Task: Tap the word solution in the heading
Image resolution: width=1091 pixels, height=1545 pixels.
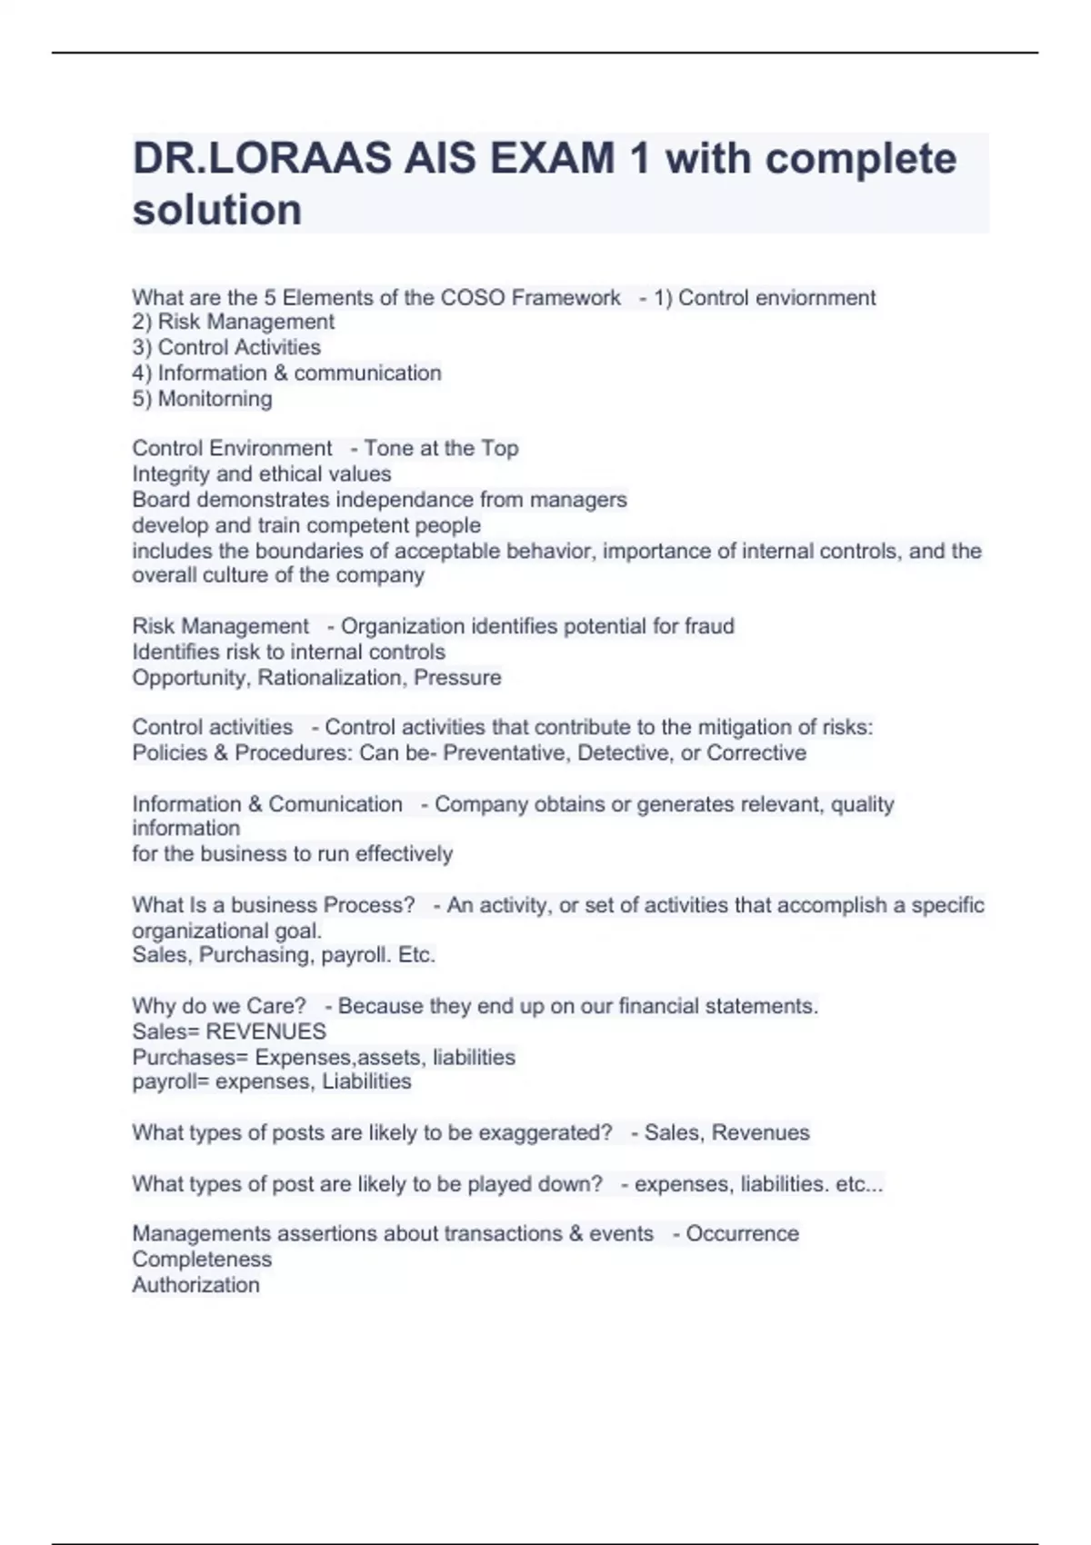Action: (x=217, y=210)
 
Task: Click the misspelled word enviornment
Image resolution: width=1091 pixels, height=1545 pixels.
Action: (x=824, y=297)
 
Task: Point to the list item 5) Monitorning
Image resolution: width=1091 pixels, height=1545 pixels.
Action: (x=202, y=399)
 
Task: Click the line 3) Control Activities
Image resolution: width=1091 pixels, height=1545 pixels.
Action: (x=226, y=347)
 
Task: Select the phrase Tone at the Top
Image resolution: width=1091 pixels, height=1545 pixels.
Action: (x=441, y=448)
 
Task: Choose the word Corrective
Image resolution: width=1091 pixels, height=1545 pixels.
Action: (x=756, y=753)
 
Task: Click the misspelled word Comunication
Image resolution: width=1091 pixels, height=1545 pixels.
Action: (x=335, y=804)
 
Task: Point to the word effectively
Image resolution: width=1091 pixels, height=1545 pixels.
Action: (x=404, y=854)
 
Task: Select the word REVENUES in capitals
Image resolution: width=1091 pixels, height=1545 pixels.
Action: (x=266, y=1032)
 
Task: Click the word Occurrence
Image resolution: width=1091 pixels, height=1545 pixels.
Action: (x=743, y=1234)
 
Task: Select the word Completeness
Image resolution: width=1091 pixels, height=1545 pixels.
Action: (x=202, y=1260)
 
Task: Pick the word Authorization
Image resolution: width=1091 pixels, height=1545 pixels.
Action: (x=195, y=1285)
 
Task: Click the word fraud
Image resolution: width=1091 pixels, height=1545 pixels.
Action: (x=709, y=626)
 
